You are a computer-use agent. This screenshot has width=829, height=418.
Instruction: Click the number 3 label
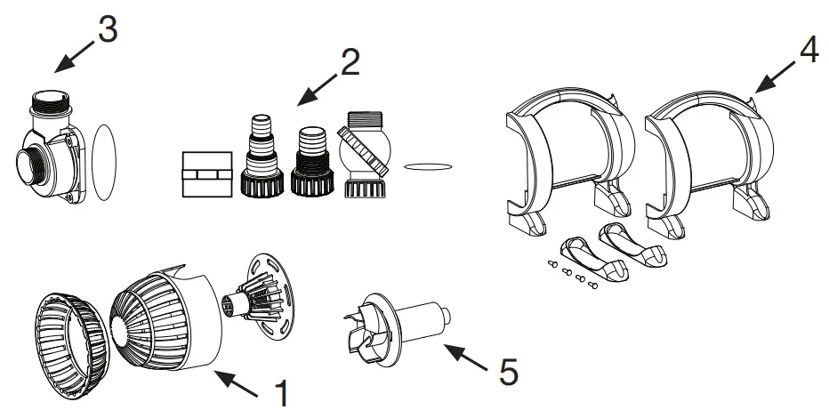pos(106,28)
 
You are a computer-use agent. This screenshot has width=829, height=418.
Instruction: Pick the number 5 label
pos(508,371)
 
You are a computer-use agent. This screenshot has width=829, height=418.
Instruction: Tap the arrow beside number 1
pos(237,383)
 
